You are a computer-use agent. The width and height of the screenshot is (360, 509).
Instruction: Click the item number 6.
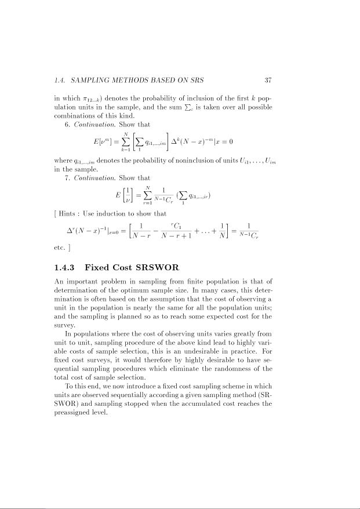67,123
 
